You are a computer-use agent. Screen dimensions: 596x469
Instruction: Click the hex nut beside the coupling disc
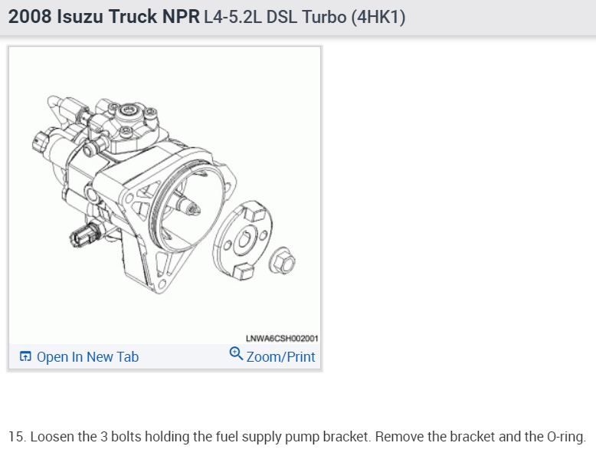283,261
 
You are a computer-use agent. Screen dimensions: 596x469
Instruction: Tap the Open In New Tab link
87,357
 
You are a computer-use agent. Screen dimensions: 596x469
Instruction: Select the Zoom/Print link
280,357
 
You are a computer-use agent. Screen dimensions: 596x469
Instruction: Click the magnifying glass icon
236,353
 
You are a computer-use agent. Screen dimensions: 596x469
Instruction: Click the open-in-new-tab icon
25,356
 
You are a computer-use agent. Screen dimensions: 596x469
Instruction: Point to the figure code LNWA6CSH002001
282,338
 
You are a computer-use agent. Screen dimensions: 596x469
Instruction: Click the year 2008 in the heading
30,17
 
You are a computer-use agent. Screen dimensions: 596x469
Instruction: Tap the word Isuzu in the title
80,17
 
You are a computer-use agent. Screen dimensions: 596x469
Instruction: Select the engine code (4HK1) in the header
378,17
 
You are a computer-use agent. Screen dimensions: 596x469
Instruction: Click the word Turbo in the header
324,17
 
